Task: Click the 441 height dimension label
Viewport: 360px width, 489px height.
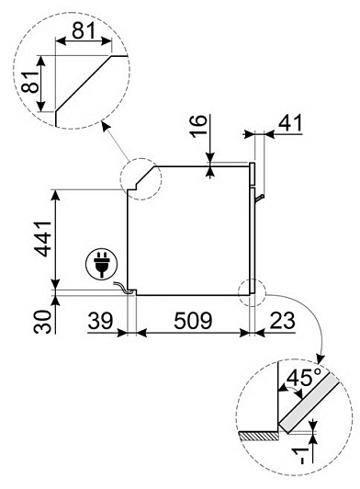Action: pos(43,239)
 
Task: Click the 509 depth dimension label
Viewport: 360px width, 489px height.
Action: pos(193,320)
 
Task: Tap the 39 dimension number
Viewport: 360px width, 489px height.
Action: pos(100,320)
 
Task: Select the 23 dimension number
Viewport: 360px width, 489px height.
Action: pos(282,320)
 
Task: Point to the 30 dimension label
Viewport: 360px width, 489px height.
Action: pos(42,322)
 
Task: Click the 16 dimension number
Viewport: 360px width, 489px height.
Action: pos(198,126)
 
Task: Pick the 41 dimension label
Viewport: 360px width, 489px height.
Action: pos(290,122)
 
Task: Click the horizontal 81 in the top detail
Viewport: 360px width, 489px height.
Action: pos(84,31)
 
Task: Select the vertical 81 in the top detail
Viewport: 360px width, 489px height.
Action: pos(30,82)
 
